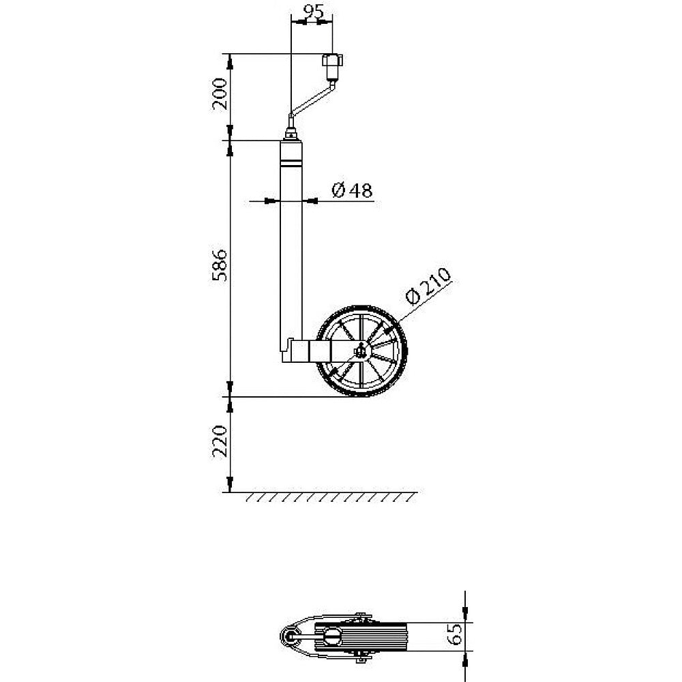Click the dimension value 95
(312, 12)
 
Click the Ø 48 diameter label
(352, 191)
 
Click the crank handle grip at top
(331, 67)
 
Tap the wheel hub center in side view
(359, 353)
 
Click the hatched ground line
(321, 496)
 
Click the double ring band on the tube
(291, 164)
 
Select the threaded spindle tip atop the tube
(292, 130)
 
